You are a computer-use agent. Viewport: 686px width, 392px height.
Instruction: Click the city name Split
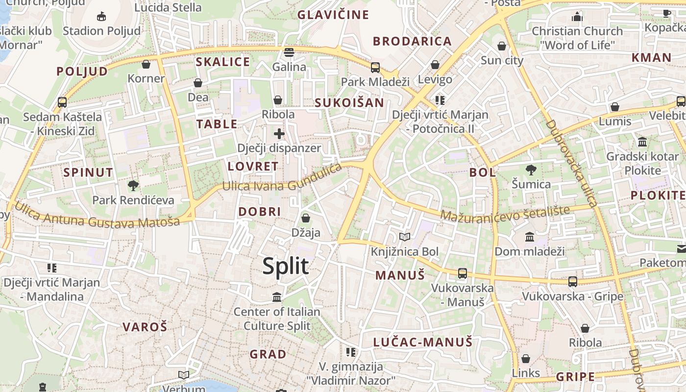[285, 266]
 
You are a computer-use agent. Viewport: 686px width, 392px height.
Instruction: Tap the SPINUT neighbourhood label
[88, 172]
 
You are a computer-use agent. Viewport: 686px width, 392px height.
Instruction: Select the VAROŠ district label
[145, 327]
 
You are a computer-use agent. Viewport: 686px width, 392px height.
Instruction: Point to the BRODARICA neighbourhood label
[412, 41]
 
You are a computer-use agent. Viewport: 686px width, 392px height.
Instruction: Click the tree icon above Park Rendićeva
[133, 186]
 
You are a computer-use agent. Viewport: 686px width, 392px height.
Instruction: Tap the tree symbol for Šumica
[531, 170]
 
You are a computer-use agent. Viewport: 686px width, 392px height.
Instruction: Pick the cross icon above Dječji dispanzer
[279, 133]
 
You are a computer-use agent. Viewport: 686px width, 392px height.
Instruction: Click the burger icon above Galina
[289, 52]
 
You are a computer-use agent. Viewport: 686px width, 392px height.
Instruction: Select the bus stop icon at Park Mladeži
[375, 68]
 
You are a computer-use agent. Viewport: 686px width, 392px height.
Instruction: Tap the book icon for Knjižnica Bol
[405, 237]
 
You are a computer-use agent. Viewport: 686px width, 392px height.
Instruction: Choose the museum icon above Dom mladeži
[530, 237]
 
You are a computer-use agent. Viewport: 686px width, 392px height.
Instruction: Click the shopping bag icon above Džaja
[306, 218]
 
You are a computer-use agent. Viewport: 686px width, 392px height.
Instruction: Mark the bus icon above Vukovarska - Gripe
[572, 282]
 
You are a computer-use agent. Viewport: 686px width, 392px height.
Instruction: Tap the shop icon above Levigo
[435, 65]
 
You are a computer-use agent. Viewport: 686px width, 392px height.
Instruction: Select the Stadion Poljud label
[101, 31]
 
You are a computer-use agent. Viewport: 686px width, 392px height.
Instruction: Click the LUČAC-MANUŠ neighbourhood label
[423, 342]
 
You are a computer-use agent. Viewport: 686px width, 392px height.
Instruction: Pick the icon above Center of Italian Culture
[277, 297]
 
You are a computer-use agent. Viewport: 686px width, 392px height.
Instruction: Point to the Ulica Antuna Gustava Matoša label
[97, 216]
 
